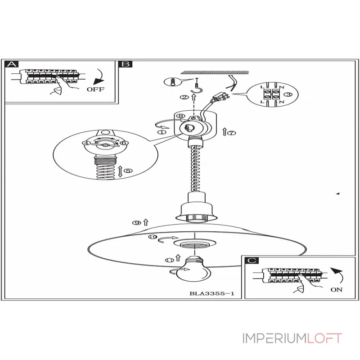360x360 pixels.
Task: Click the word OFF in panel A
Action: (x=95, y=89)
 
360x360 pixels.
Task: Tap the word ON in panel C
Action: (x=337, y=290)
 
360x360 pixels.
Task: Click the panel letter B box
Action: (x=125, y=64)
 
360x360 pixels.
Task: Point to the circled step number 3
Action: (x=288, y=94)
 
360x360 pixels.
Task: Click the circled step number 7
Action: (x=232, y=133)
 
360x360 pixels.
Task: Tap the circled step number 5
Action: (x=128, y=171)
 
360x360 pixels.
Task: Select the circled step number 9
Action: (x=136, y=222)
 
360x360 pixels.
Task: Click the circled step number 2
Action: (x=183, y=97)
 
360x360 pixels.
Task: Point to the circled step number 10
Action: (x=152, y=237)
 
